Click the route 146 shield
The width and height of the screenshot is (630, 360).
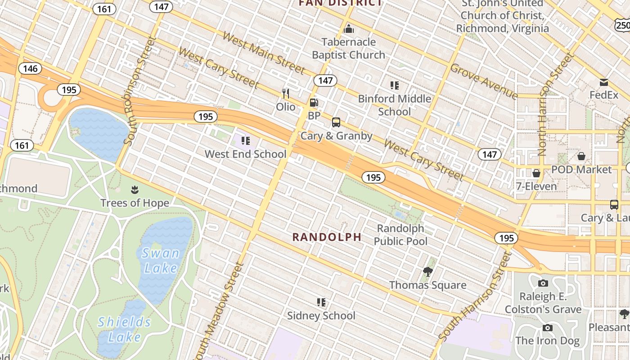[30, 69]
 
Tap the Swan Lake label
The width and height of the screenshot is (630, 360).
[161, 261]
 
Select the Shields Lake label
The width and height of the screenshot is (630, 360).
[125, 329]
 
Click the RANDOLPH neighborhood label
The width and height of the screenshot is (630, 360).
[327, 237]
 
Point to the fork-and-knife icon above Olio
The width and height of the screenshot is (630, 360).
[286, 94]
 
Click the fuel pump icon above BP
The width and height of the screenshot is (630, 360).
[314, 103]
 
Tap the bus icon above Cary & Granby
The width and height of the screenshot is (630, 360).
[336, 122]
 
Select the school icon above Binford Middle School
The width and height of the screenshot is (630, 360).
[395, 85]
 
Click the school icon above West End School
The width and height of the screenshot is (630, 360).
[246, 141]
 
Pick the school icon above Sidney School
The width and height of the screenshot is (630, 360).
[321, 302]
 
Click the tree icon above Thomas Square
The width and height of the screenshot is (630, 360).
[428, 271]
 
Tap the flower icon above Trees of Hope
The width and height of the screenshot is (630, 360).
[135, 190]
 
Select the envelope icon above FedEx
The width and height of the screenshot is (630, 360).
[604, 82]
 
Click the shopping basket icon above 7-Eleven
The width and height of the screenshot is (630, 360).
[536, 173]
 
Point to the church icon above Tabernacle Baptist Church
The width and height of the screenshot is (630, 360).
[349, 29]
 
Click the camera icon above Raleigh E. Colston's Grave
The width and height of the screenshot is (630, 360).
[543, 283]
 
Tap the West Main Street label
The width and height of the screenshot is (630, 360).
[264, 53]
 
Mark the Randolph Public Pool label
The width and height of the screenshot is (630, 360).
[400, 234]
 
